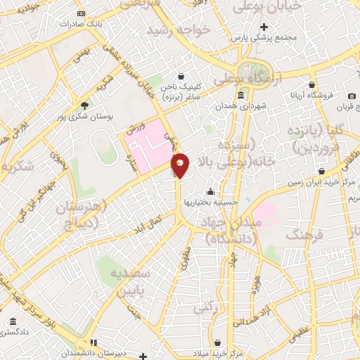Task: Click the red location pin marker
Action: coord(181,165)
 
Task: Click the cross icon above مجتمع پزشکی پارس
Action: coord(264,26)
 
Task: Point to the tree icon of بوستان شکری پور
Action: coord(85,105)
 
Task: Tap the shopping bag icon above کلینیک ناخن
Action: coord(181,76)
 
